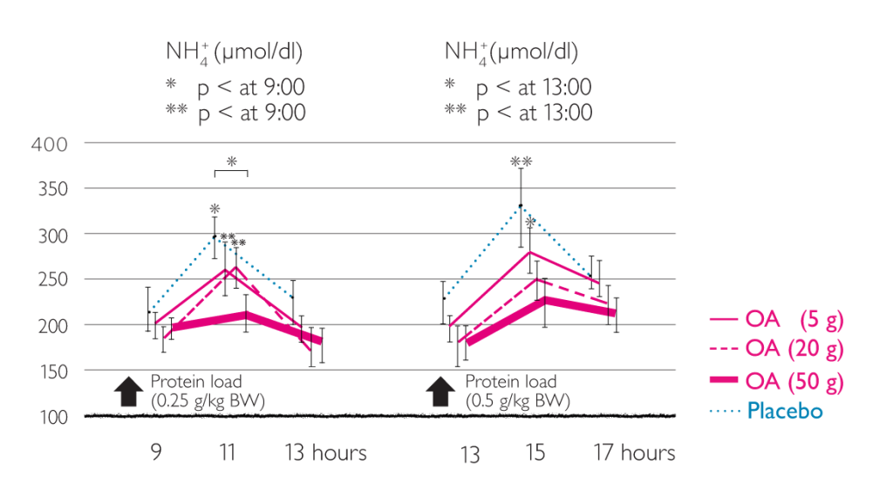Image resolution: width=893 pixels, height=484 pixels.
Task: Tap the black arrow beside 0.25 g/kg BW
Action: tap(129, 391)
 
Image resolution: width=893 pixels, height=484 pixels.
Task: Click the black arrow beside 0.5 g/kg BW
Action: tap(443, 391)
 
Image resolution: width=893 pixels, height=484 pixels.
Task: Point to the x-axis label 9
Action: tap(156, 453)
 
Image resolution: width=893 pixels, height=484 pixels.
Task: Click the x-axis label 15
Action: tap(535, 453)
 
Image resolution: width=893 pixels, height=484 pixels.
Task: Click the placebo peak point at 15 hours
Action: tap(521, 206)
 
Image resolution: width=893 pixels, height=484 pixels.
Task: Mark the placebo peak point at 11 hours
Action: tap(215, 236)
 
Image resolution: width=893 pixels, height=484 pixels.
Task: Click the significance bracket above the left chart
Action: tap(231, 172)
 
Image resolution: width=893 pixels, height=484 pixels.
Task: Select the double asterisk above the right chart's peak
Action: tap(521, 162)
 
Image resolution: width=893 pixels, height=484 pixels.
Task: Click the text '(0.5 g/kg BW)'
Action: tap(518, 401)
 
